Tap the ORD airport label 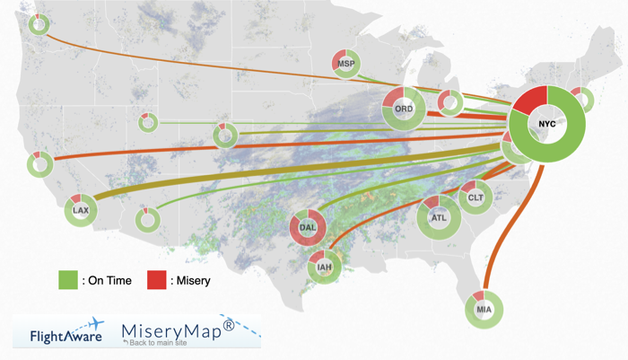[404, 110]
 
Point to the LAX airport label [81, 211]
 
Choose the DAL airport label [309, 228]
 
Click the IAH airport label [324, 266]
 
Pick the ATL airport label [439, 217]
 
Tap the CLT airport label [474, 197]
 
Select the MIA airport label [484, 311]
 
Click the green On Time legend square [68, 280]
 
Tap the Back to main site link [165, 344]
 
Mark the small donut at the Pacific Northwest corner [39, 24]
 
